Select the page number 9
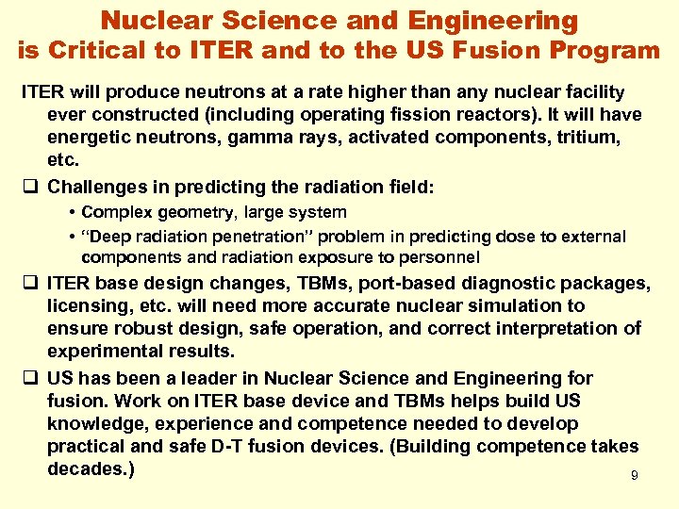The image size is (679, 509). click(x=635, y=476)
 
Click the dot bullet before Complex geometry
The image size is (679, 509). click(x=72, y=212)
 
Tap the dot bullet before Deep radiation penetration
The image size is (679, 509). click(x=72, y=236)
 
